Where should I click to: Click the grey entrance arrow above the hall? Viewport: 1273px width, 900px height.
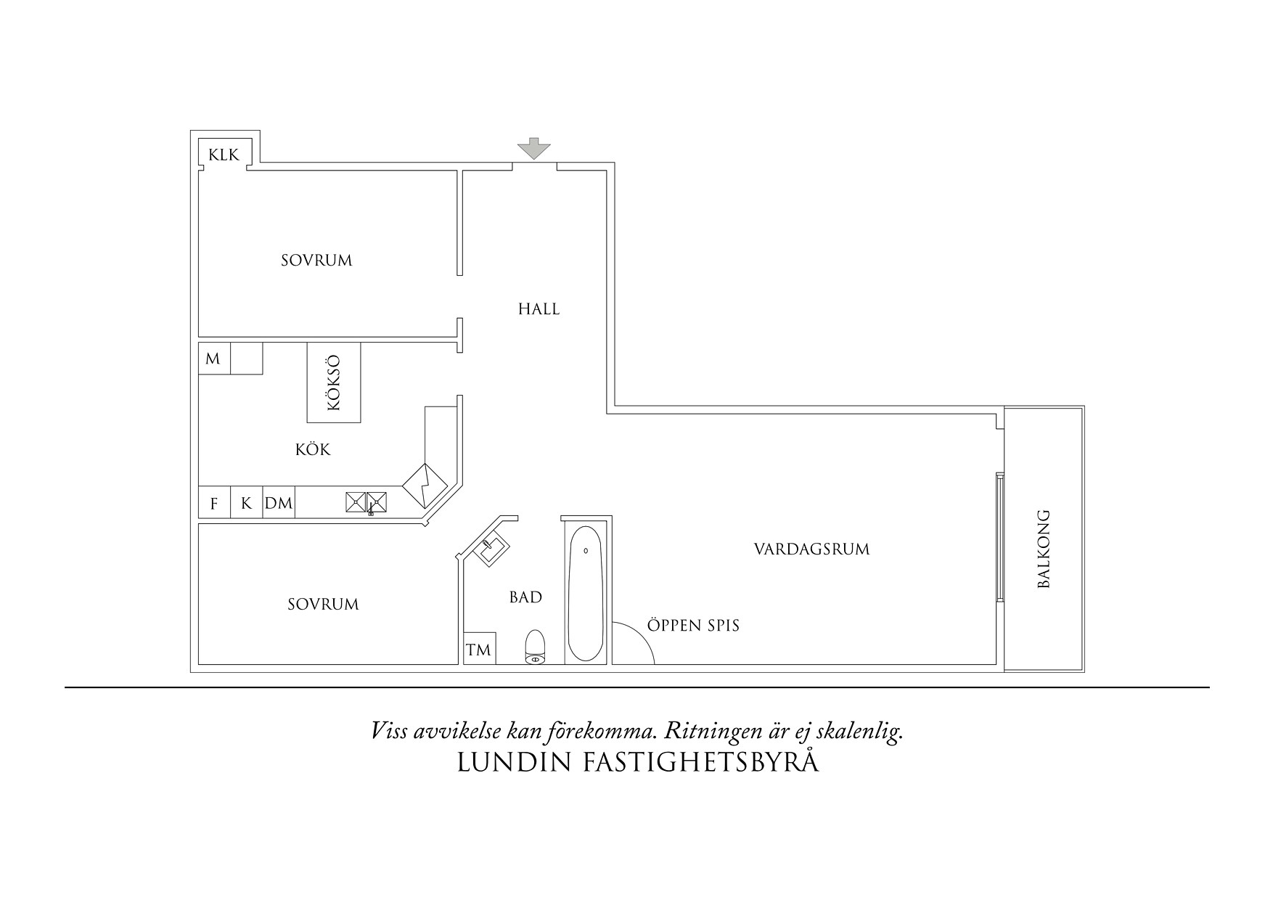coord(533,148)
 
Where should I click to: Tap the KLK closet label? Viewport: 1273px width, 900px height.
coord(224,155)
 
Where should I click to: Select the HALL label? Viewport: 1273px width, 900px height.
coord(539,309)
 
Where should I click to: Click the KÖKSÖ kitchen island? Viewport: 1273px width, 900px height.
coord(334,382)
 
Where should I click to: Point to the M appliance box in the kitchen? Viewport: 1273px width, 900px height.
coord(213,359)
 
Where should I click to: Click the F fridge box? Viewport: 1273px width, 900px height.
coord(214,504)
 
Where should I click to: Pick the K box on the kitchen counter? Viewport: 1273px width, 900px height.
coord(247,503)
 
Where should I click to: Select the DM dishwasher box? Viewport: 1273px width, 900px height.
coord(279,503)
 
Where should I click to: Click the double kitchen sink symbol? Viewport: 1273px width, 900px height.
coord(366,502)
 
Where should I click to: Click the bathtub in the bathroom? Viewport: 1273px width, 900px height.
coord(584,593)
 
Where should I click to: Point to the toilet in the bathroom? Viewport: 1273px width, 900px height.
coord(535,647)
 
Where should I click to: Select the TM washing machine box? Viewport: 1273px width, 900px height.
coord(478,650)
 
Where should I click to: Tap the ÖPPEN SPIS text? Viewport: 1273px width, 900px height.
coord(693,626)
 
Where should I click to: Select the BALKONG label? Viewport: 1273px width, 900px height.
coord(1044,549)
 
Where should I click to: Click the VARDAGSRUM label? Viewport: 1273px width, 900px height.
coord(811,549)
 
